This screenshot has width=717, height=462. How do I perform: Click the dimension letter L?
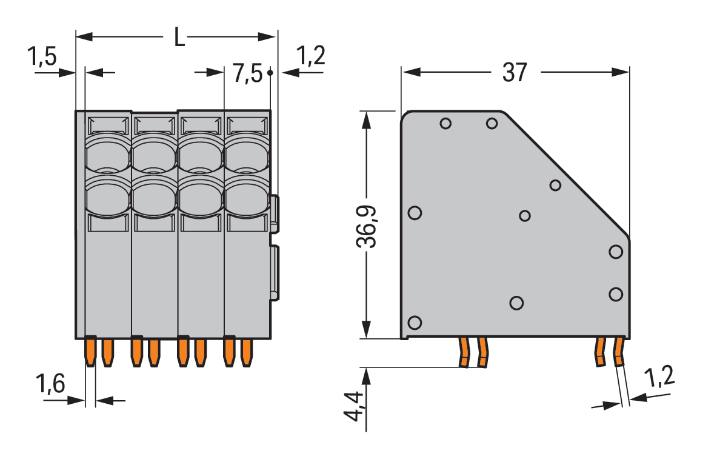(179, 38)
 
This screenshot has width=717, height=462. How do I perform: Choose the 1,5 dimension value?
(42, 58)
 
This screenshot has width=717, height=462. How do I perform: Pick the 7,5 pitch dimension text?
(247, 75)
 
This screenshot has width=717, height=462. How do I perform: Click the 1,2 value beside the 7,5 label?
(311, 56)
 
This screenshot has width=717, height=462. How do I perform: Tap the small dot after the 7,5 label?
(270, 73)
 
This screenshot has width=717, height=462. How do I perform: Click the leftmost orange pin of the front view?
(90, 352)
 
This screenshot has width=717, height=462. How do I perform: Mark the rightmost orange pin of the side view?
(619, 352)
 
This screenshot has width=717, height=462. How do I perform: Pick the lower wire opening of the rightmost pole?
(247, 199)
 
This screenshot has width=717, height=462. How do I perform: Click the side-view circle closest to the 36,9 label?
(415, 213)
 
